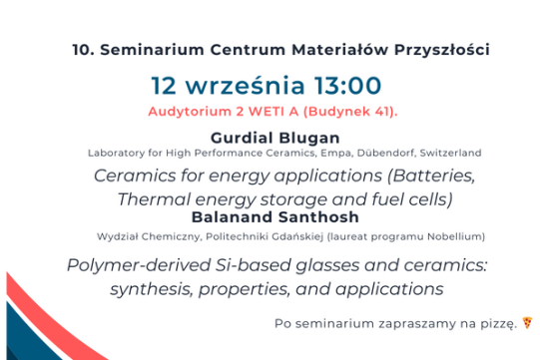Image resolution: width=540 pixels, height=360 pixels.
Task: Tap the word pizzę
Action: point(496,323)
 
